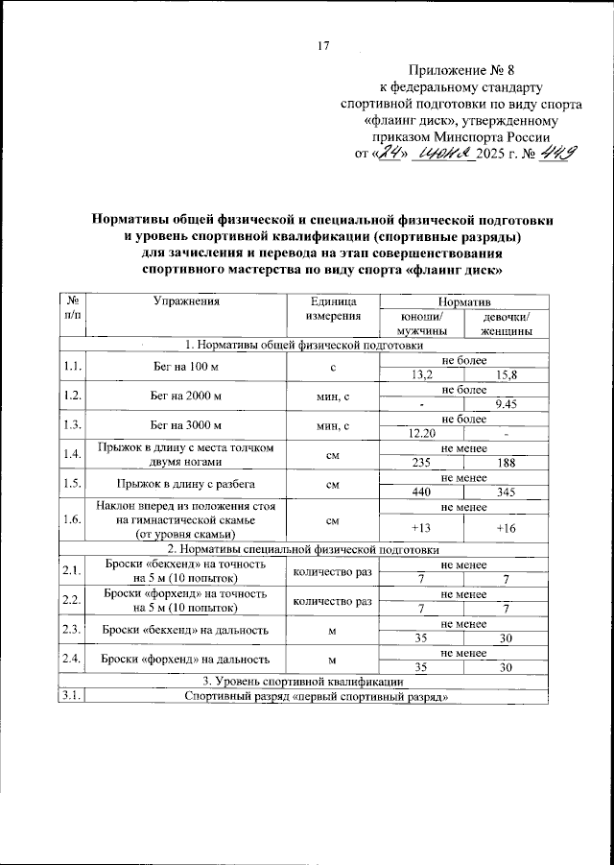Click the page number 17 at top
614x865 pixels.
(x=322, y=44)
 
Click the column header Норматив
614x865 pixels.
(x=463, y=300)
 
